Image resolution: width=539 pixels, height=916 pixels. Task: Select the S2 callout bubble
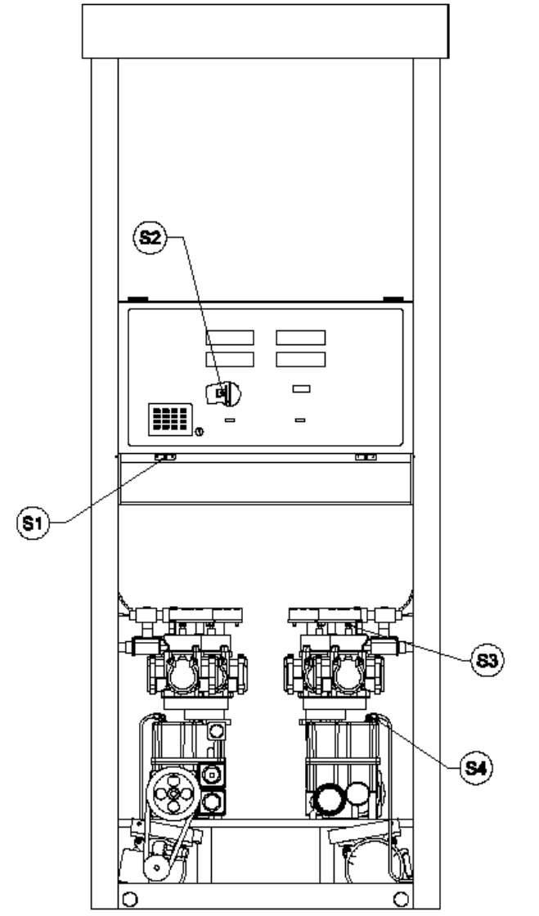(150, 237)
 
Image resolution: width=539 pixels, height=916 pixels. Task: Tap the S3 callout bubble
(487, 660)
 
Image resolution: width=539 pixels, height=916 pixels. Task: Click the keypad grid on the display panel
(170, 419)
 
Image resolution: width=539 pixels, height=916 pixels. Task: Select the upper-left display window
(230, 338)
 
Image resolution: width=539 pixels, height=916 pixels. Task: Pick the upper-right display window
(301, 338)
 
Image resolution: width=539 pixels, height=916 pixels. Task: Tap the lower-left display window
(230, 359)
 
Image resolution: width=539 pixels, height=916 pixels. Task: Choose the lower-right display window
(301, 359)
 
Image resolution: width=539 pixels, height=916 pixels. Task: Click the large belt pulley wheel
(173, 793)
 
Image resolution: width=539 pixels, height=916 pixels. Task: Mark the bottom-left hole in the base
(130, 899)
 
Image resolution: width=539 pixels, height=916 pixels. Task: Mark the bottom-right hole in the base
(402, 899)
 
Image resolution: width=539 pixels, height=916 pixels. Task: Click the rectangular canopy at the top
(266, 32)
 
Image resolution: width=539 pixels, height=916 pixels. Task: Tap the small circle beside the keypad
(199, 433)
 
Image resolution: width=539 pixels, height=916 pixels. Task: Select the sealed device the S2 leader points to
(223, 393)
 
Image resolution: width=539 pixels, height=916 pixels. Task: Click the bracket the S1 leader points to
(165, 457)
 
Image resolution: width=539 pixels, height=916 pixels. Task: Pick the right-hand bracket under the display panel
(366, 457)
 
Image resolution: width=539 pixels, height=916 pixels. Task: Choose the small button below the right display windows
(301, 388)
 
